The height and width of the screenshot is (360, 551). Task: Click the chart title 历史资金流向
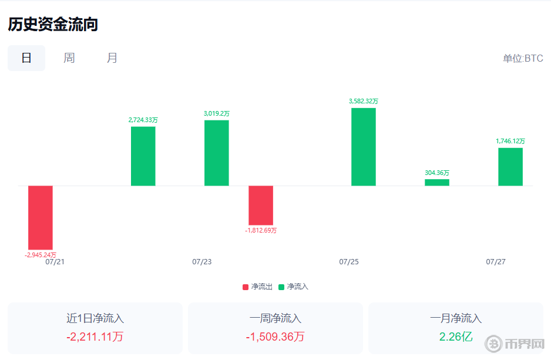point(52,24)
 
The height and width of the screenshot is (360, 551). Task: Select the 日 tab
point(26,58)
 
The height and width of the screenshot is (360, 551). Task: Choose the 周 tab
point(69,58)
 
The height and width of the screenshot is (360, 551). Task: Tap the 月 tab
point(112,58)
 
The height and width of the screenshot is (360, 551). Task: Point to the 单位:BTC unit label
point(523,59)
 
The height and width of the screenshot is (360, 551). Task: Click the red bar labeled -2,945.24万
point(41,217)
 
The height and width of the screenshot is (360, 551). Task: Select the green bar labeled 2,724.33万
point(143,156)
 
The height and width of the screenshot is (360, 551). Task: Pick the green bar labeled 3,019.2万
point(217,153)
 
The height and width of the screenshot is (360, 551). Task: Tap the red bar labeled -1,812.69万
point(261,205)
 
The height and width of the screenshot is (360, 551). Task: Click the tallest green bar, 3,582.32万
point(364,147)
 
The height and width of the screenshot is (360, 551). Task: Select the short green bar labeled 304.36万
point(437,183)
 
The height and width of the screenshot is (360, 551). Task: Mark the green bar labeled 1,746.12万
point(510,167)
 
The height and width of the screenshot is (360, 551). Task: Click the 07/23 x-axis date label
point(201,262)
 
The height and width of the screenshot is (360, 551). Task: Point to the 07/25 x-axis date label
point(349,262)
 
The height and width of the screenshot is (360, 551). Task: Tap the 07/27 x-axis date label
point(496,262)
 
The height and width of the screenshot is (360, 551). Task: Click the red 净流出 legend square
point(246,287)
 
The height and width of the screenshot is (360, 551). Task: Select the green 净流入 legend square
point(281,287)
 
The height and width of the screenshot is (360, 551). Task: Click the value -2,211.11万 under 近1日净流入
point(95,337)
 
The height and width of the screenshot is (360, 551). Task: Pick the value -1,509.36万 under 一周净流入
point(275,337)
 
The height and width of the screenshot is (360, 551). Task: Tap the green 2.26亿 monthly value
point(456,337)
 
